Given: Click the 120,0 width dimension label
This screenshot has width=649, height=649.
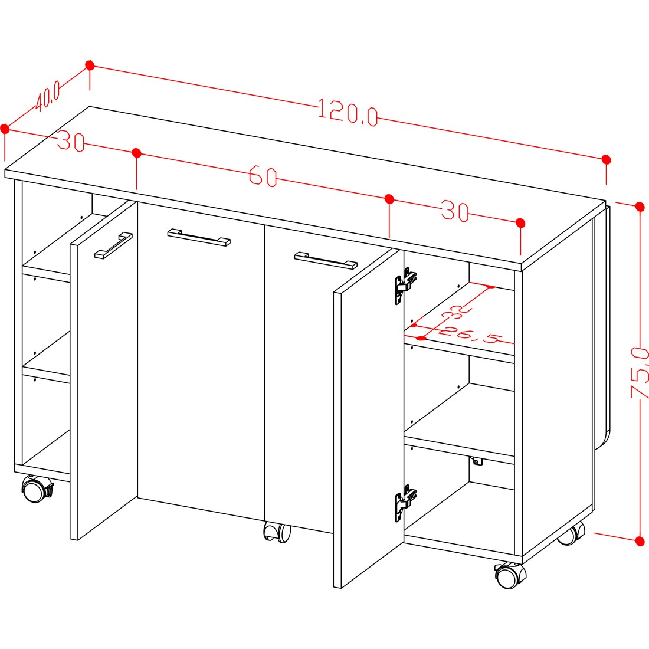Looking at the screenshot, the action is pos(348,112).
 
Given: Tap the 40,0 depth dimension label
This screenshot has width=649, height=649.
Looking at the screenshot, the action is pos(48,96).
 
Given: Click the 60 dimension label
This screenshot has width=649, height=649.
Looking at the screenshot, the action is pos(263,176).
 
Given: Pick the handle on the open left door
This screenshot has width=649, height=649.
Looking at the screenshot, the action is pos(113,245).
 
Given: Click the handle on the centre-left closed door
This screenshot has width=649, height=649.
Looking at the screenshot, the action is pos(199,237).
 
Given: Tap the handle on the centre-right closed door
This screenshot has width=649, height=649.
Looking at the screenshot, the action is pos(326,260).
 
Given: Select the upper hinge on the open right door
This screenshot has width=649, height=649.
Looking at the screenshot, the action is pos(405,285).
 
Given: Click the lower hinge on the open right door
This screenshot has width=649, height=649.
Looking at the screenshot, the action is pos(405,502).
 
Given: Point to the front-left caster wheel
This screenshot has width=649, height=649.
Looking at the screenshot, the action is pos(37,489).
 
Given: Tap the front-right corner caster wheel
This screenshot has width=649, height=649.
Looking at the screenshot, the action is pos(510,575).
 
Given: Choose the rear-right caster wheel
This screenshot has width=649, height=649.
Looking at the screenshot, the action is pos(571,533).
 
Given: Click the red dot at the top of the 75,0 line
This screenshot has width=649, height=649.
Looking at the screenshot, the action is pos(640,206).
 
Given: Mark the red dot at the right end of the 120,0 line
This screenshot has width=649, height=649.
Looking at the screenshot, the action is pos(607,159).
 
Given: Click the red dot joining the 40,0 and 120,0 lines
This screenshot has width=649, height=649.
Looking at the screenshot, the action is pos(90,65).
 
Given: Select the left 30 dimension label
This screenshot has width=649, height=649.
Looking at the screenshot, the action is pos(71,141).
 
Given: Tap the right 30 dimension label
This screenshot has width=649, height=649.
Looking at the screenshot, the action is pos(455,211).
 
